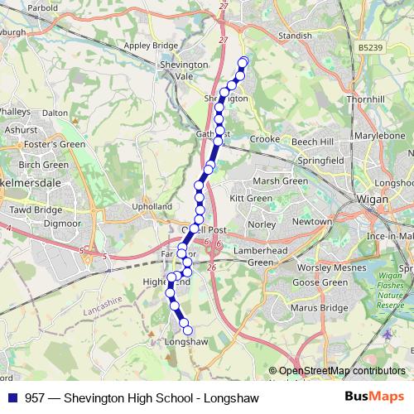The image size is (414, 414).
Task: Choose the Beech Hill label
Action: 310,142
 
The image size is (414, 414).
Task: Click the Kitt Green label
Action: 250,199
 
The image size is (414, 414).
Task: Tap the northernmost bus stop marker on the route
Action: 243,62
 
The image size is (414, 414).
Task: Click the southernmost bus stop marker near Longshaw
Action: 187,331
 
